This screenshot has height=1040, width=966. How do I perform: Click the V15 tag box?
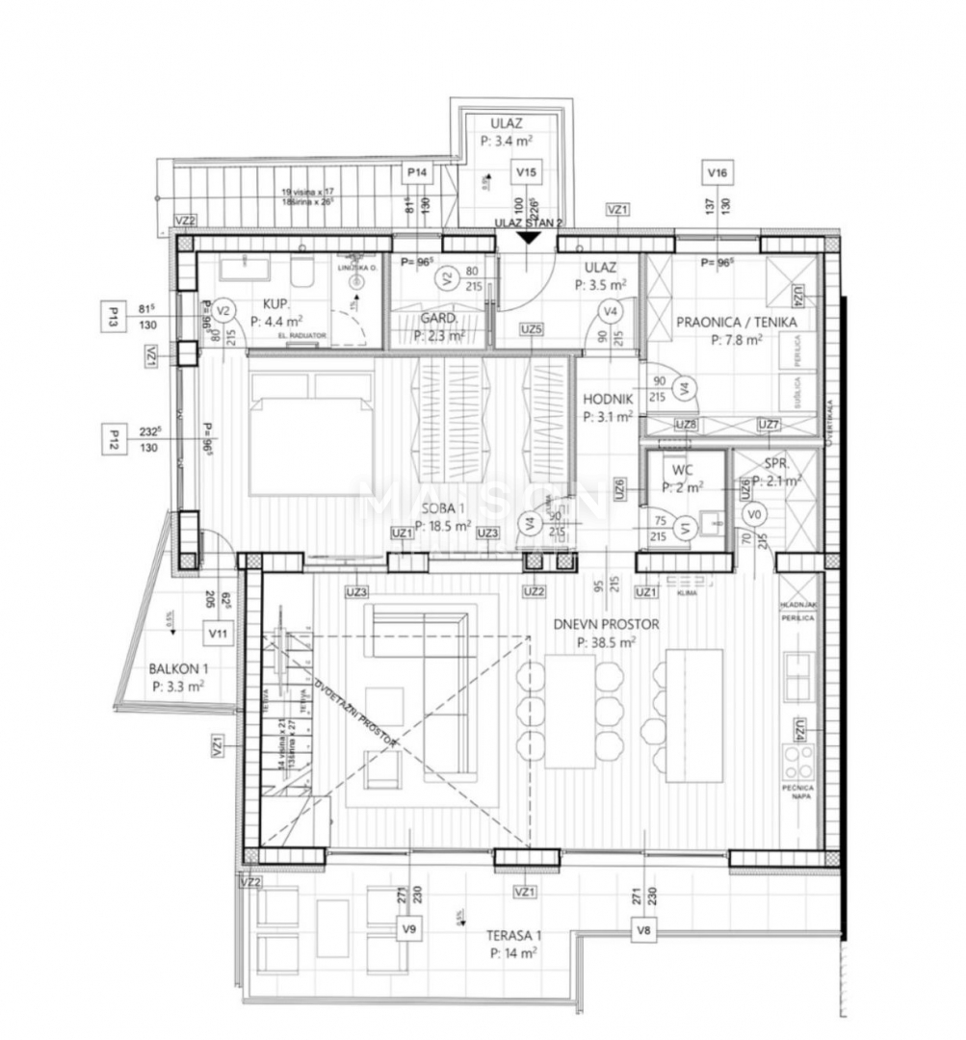coord(526,172)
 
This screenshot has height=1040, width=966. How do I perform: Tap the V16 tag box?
coord(717,172)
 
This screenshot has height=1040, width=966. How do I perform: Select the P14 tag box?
coord(417,172)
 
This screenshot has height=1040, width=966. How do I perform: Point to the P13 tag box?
coord(114,315)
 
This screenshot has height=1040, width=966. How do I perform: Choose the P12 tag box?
coord(114,441)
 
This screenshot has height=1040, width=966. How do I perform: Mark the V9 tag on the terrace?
coord(409,929)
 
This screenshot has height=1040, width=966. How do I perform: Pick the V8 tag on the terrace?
coord(644,929)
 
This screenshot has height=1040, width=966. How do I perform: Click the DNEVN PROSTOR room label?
coord(606,624)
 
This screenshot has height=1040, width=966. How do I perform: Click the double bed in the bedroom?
coord(311,429)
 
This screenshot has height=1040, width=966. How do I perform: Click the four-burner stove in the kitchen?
coord(798,762)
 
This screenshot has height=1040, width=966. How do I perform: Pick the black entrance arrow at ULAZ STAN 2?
coord(529,237)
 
